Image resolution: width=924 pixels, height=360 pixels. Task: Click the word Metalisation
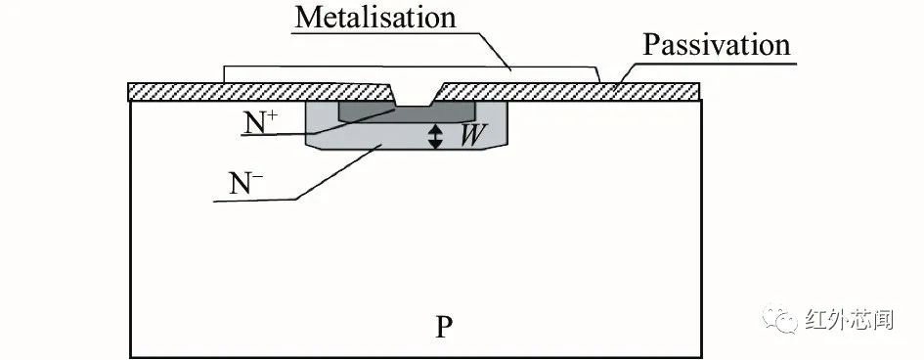pos(375,17)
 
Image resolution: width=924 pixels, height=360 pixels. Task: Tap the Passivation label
pos(716,45)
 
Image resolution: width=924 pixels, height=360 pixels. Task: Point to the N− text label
pos(245,184)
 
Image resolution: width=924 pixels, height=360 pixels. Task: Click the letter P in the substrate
pos(444,327)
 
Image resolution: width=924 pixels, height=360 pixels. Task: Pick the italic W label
pos(472,136)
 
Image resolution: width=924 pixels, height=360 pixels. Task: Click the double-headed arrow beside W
pos(435,136)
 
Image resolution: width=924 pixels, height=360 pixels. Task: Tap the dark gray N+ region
pos(407,113)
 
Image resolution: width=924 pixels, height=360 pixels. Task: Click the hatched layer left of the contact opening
pos(259,92)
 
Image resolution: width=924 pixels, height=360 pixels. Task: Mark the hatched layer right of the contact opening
pos(569,91)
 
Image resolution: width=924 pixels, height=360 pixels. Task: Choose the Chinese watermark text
pos(849,319)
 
